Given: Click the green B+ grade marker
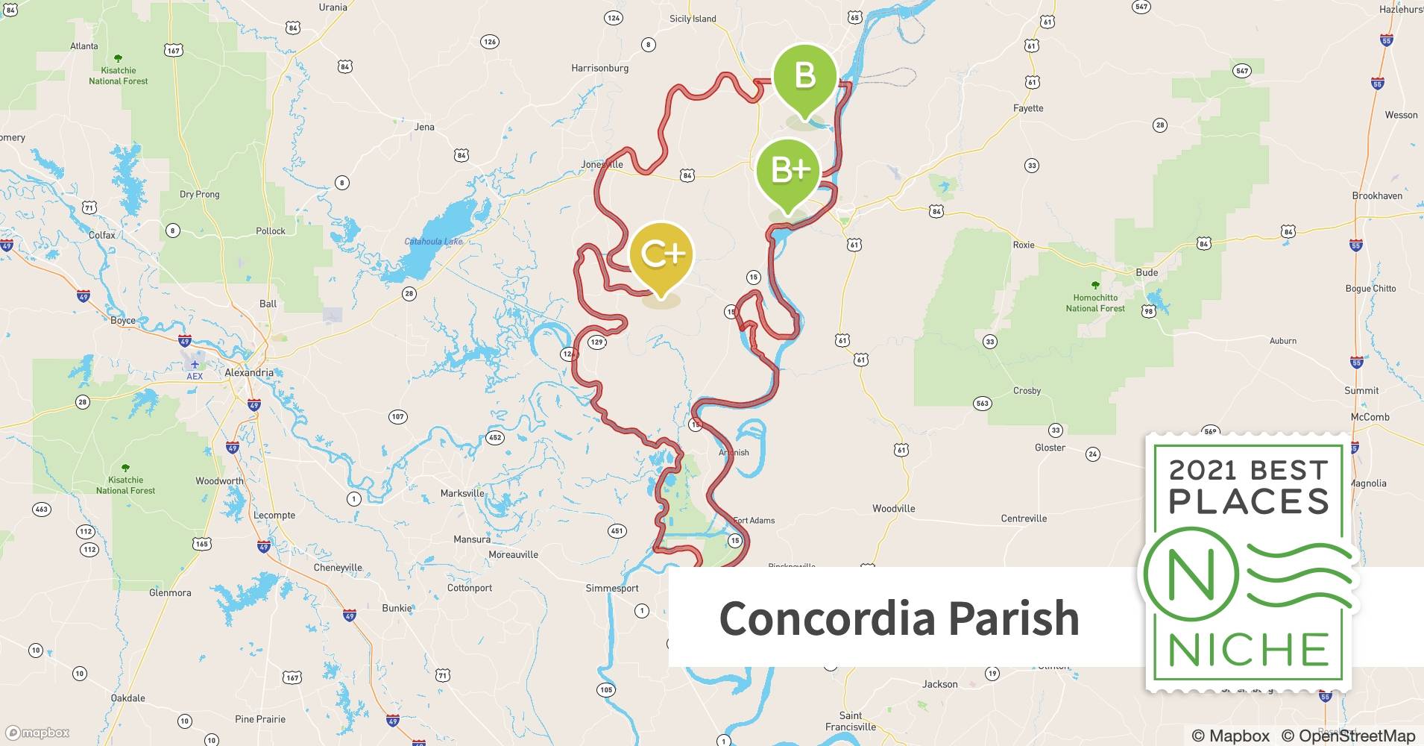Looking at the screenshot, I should coord(788,171).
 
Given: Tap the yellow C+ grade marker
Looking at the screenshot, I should coord(661,254).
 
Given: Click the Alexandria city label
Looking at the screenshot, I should coord(249,372).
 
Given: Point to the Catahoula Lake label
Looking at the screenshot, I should coord(433,242).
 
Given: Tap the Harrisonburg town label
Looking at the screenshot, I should coord(599,68).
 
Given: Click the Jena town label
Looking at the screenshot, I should coord(424,127).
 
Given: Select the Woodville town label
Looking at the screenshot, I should coord(893,509).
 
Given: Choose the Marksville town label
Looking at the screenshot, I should coord(462,493).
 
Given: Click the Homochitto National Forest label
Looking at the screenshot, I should coord(1094,302).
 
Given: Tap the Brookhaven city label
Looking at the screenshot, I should coord(1377,195).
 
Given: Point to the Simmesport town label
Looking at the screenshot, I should coord(612,588).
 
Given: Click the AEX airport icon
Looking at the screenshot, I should coord(195,364).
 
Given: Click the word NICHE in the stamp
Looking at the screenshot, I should coord(1249,650).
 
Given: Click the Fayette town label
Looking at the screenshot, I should coord(1028,108).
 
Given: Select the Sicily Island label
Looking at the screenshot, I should coord(693,19).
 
